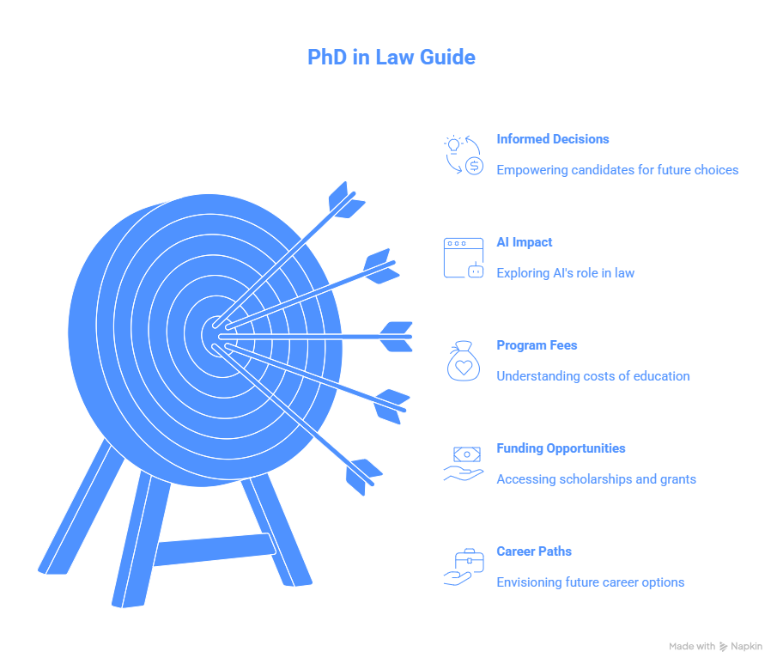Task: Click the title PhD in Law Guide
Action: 391,57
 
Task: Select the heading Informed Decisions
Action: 552,139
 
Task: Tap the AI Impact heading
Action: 525,242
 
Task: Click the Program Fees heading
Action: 537,345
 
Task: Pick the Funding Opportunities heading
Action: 561,448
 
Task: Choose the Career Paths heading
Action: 534,551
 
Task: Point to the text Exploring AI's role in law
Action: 565,273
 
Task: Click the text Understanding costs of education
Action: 592,376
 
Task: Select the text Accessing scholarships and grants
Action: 596,479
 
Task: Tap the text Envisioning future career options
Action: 590,582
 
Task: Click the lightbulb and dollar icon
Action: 464,155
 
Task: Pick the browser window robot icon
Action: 464,258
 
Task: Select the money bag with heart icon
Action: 464,361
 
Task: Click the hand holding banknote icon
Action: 464,464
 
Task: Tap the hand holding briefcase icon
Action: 464,567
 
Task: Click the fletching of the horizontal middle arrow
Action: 397,337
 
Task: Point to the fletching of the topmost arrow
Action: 346,200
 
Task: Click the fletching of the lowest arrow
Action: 364,477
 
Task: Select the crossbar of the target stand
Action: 215,550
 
